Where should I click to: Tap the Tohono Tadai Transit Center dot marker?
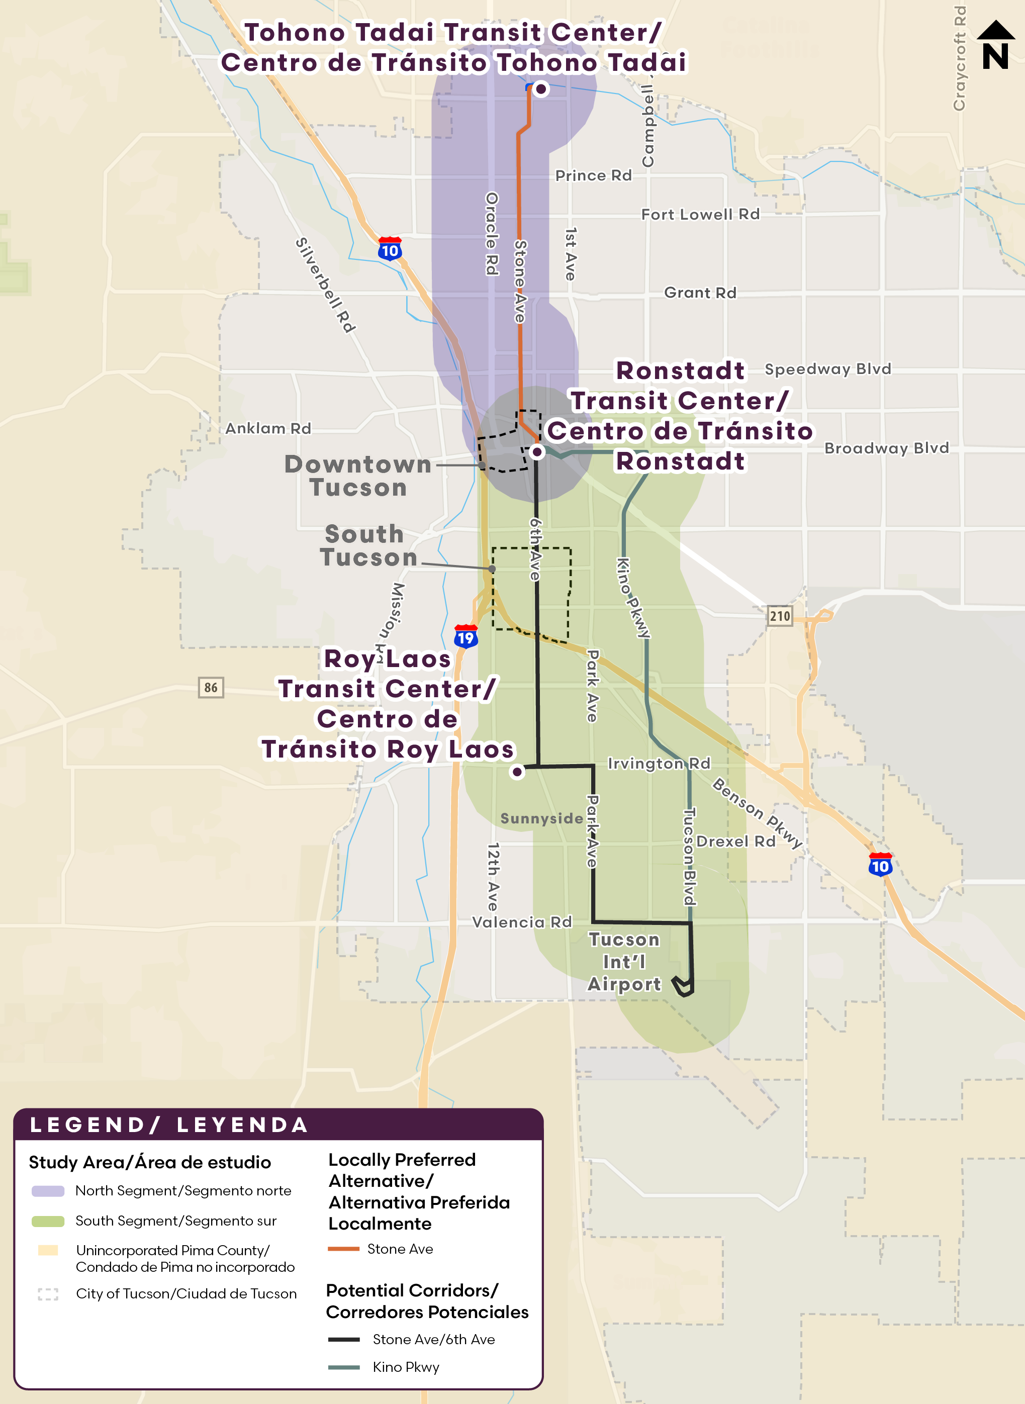[x=541, y=88]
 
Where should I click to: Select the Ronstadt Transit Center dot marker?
[x=537, y=452]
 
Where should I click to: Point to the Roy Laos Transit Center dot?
[x=517, y=772]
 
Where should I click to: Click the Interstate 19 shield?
[x=466, y=636]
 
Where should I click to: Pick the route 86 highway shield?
[x=211, y=687]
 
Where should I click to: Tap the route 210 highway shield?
[x=780, y=616]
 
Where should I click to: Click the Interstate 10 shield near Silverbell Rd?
[x=390, y=249]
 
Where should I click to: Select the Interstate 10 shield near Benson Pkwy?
[x=880, y=865]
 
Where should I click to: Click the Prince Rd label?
[x=593, y=175]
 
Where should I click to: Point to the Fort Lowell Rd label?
[x=700, y=214]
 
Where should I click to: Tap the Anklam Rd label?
[x=268, y=428]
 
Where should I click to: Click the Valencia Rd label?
[x=522, y=922]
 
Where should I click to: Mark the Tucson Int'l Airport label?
[x=624, y=962]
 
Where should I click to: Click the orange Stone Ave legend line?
[x=343, y=1249]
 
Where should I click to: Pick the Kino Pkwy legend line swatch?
[x=344, y=1367]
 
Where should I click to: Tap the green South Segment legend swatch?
[x=48, y=1221]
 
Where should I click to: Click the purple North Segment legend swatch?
[x=48, y=1190]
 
